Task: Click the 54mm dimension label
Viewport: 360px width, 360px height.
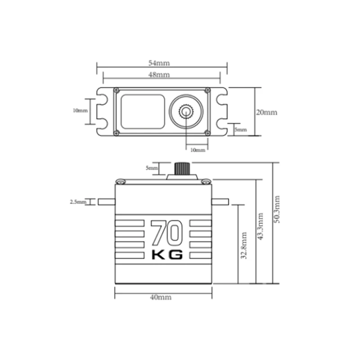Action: (159, 63)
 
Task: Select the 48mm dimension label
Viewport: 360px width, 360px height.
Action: (159, 75)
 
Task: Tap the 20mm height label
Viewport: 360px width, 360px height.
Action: (266, 112)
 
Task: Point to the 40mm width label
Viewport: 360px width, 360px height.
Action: (161, 297)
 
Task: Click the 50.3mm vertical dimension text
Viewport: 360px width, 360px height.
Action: (277, 209)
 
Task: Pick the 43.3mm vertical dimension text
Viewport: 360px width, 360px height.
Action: (261, 226)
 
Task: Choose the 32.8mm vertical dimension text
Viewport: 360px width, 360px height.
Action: (244, 245)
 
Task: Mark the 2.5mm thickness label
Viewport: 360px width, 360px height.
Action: (78, 202)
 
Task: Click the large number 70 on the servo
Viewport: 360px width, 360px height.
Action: (167, 233)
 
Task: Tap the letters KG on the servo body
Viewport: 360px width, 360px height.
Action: (167, 255)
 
